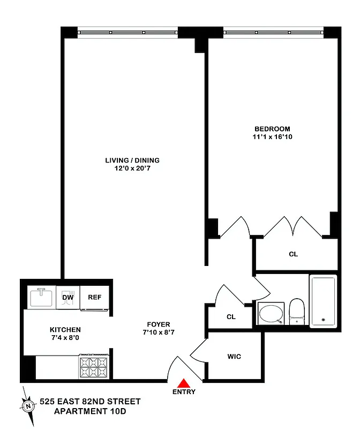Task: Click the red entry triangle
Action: coord(184,383)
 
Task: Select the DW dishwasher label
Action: coord(67,298)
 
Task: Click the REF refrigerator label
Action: coord(94,298)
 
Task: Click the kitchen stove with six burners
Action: coord(94,368)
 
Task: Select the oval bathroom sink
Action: coord(271,314)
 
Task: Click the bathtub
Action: coord(323,301)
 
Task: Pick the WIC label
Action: coord(234,357)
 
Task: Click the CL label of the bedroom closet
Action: coord(293,254)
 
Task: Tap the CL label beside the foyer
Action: coord(231,317)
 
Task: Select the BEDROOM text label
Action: coord(272,129)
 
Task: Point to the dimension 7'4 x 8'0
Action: coord(65,338)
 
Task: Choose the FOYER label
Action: coord(159,324)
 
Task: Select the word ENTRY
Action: coord(184,392)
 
